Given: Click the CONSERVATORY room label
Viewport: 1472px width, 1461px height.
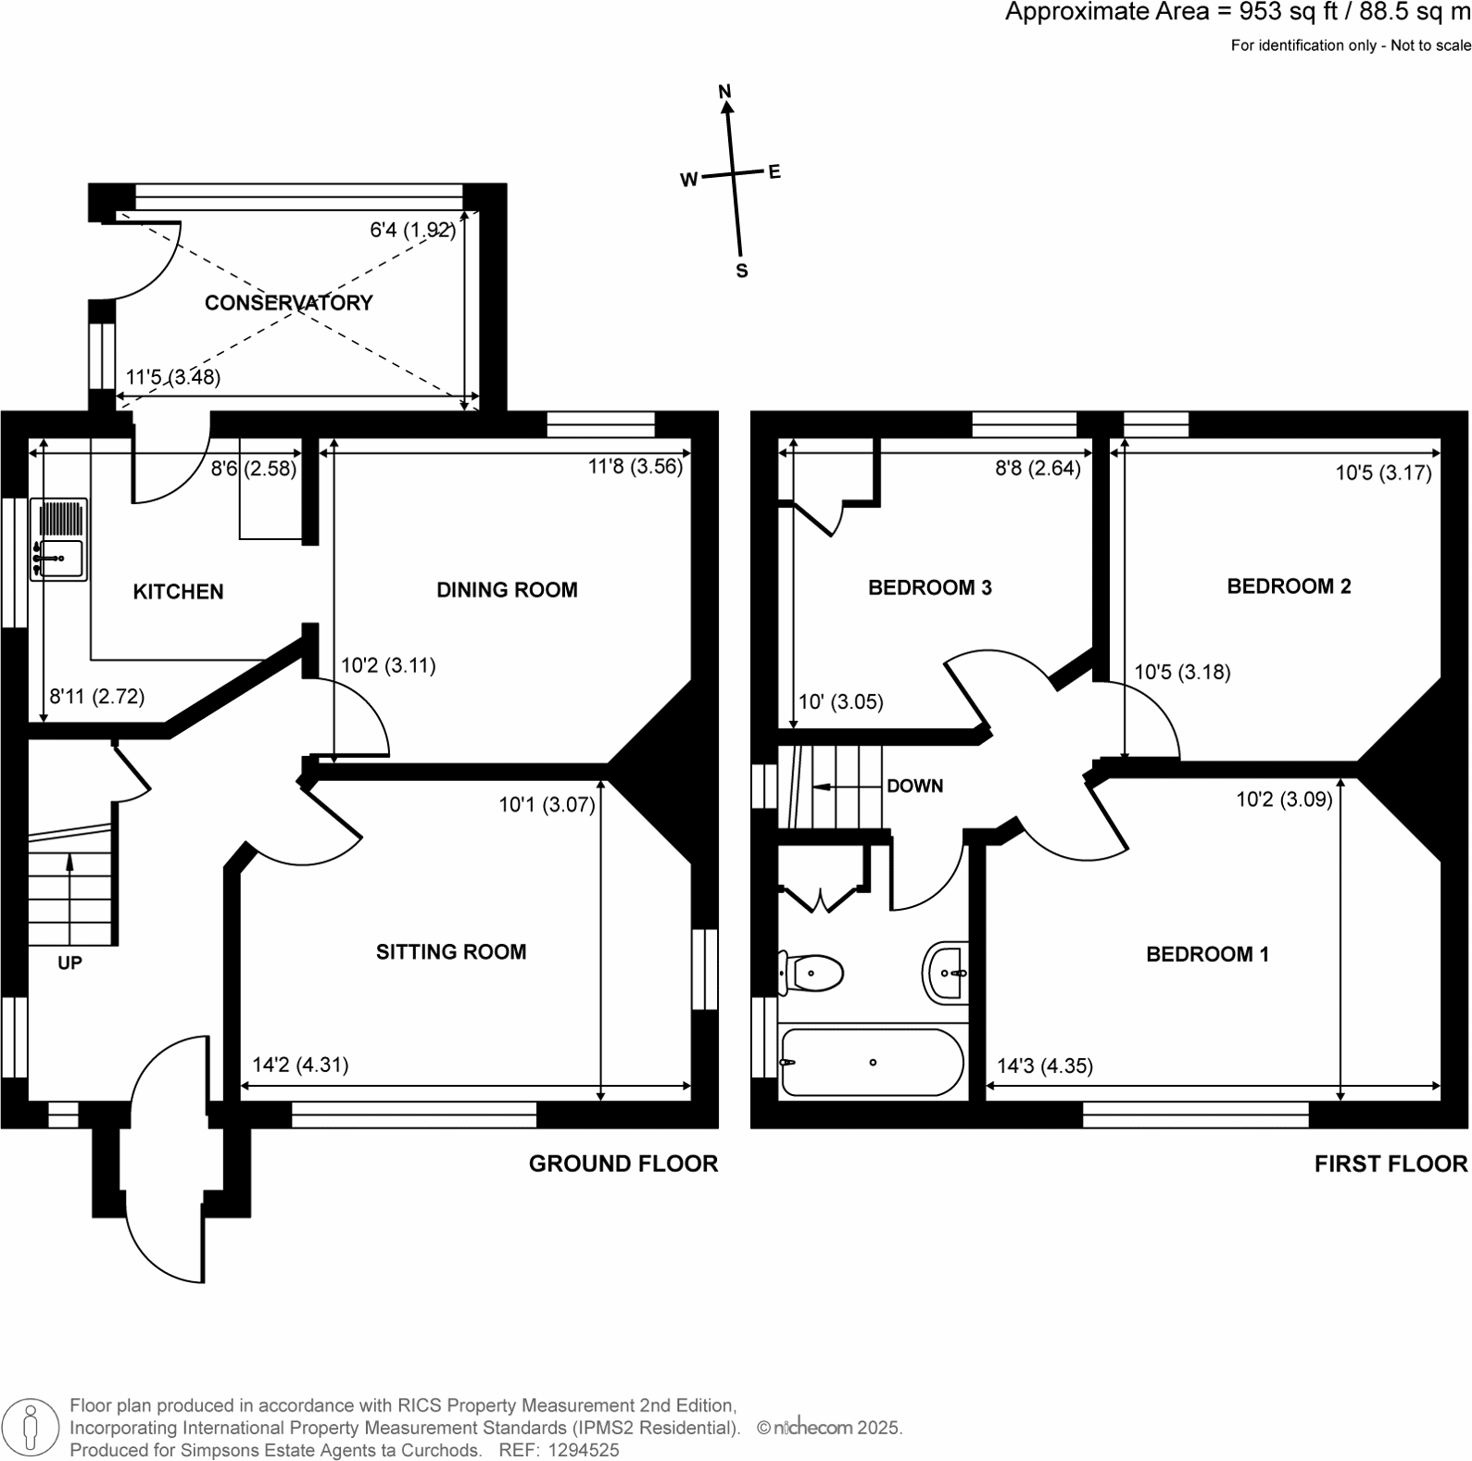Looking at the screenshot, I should click(x=288, y=303).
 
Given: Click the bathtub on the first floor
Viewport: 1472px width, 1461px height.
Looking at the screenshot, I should click(x=872, y=1063).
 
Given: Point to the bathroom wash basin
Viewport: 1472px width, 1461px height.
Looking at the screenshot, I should click(x=947, y=973).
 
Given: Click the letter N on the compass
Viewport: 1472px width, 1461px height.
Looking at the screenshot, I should click(x=725, y=91).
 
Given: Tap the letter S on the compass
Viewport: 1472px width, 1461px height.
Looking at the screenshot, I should click(x=741, y=271).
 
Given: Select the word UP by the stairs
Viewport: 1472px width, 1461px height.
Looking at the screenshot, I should click(x=69, y=964).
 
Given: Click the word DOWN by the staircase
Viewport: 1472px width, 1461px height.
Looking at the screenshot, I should click(x=914, y=787).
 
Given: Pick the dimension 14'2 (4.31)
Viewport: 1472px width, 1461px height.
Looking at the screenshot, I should click(x=300, y=1065).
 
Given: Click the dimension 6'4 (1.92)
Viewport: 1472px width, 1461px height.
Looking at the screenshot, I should click(x=413, y=230).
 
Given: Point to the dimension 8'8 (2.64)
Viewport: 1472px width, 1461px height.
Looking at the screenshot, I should click(x=1038, y=468).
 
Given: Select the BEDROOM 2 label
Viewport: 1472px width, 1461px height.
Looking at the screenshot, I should click(x=1289, y=586).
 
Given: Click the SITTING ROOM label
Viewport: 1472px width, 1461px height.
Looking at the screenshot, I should click(x=451, y=952).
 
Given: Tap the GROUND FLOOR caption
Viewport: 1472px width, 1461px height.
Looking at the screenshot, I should click(x=623, y=1165).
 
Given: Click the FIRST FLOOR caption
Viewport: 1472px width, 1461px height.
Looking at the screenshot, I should click(x=1390, y=1165).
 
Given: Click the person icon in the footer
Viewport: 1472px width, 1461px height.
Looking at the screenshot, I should click(x=31, y=1426).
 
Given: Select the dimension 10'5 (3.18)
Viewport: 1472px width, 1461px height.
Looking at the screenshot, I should click(x=1183, y=673).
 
